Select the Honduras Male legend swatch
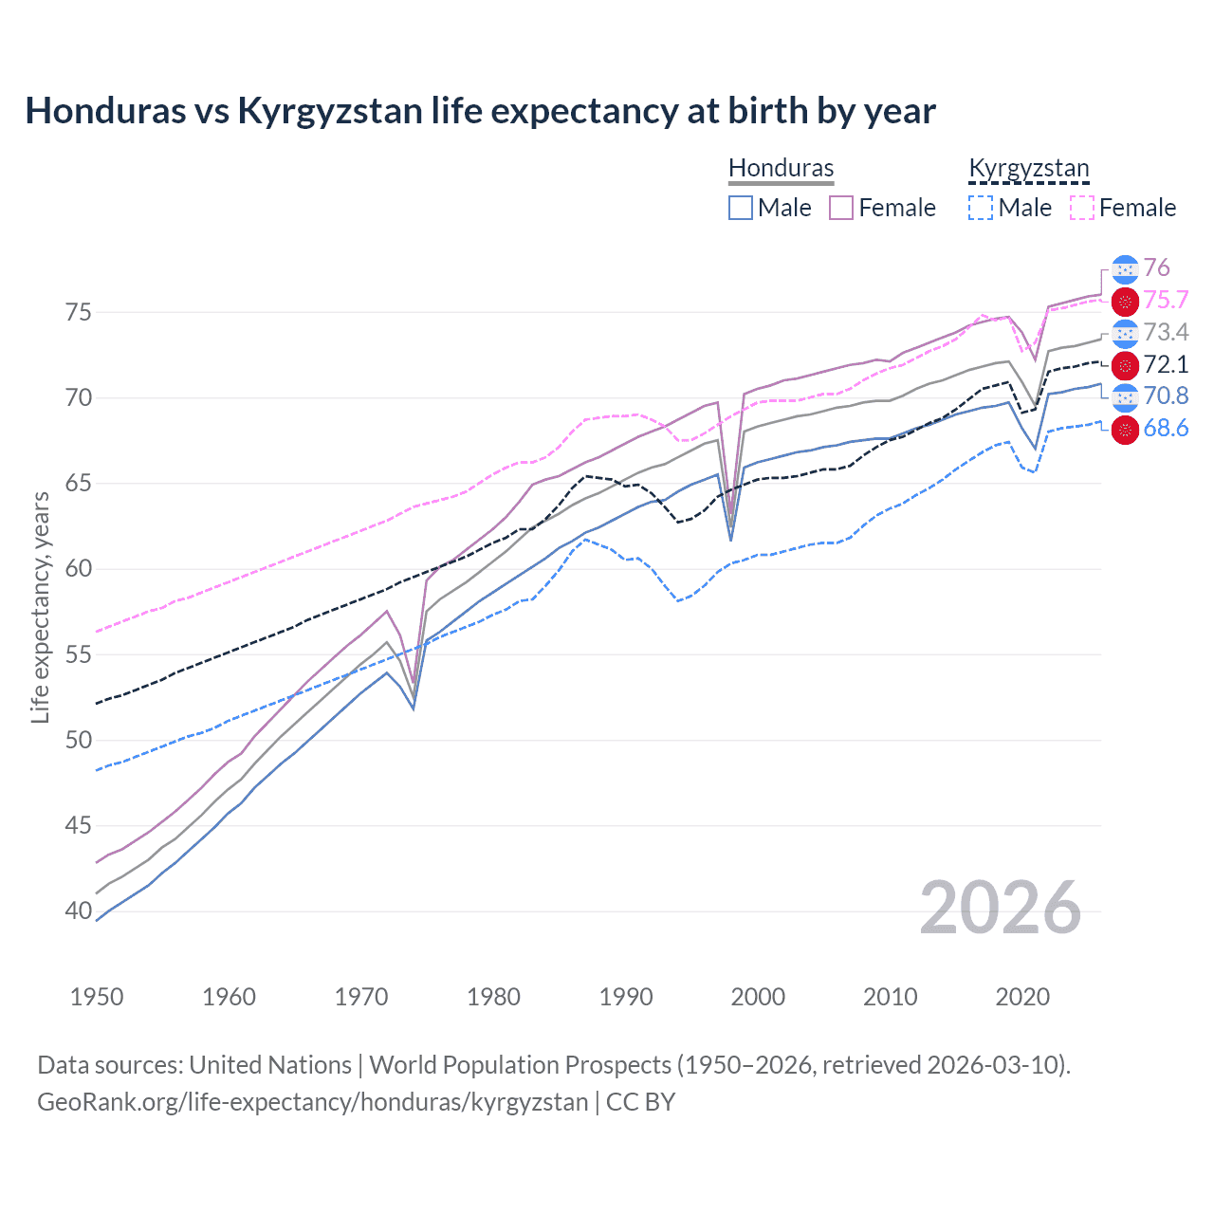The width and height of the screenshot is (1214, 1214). click(741, 208)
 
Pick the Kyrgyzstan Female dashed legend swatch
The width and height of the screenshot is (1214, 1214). click(1082, 208)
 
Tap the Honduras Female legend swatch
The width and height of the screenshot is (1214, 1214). click(841, 208)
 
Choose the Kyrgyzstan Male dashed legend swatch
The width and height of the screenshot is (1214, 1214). click(981, 208)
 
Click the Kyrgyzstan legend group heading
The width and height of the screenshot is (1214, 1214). click(1028, 169)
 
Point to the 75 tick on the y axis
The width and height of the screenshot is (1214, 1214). click(79, 312)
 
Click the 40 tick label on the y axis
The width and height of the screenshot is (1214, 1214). click(79, 911)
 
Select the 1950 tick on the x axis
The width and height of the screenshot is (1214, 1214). click(97, 997)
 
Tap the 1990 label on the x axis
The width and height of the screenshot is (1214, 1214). click(626, 997)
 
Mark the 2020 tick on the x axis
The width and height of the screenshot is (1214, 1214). click(1022, 997)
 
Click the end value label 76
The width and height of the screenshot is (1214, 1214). click(1156, 268)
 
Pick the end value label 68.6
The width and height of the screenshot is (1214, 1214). click(1166, 429)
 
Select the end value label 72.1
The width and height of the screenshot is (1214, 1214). click(1166, 365)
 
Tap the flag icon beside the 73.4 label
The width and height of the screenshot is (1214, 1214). click(1125, 333)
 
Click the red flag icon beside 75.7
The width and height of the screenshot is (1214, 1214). click(1125, 302)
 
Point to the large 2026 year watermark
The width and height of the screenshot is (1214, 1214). click(1001, 908)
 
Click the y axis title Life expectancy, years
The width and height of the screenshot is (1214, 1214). click(40, 607)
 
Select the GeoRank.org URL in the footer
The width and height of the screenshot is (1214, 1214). click(312, 1102)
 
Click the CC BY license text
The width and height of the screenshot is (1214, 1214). click(640, 1102)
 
